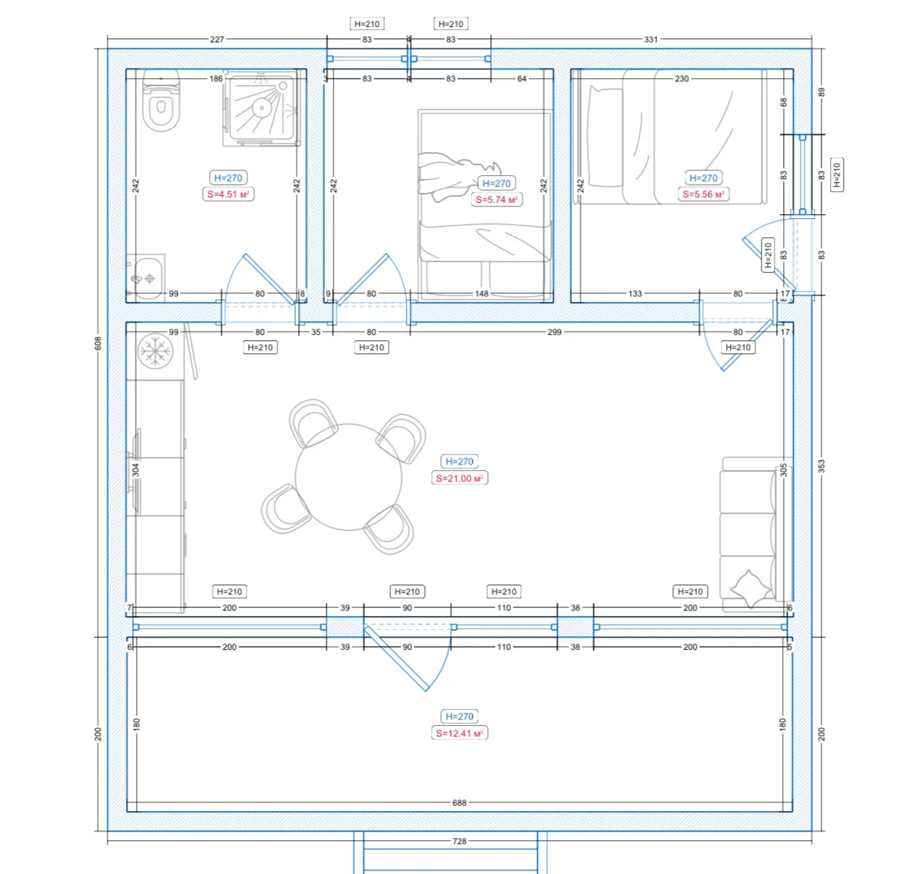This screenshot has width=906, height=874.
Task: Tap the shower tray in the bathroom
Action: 262,108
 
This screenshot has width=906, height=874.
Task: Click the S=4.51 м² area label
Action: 228,194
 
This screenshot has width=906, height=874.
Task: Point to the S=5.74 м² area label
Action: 496,200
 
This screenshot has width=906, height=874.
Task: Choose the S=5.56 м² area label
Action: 703,194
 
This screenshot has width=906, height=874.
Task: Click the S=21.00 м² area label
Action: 460,478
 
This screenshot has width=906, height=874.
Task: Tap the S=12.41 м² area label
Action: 460,733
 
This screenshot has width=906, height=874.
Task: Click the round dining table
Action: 348,477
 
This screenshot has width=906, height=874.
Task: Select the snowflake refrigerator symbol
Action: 155,351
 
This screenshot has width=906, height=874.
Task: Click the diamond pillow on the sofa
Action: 750,588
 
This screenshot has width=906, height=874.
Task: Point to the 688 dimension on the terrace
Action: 460,803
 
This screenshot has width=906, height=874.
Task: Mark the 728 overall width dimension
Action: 460,841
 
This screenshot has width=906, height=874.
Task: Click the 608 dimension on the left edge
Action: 98,343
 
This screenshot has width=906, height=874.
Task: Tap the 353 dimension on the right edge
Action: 821,466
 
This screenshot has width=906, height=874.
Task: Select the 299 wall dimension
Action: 554,332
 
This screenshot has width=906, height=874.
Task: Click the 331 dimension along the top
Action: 651,39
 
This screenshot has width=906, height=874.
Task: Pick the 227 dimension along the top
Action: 217,39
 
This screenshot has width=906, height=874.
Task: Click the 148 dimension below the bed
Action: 481,293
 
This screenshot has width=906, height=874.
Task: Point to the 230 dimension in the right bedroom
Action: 682,78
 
